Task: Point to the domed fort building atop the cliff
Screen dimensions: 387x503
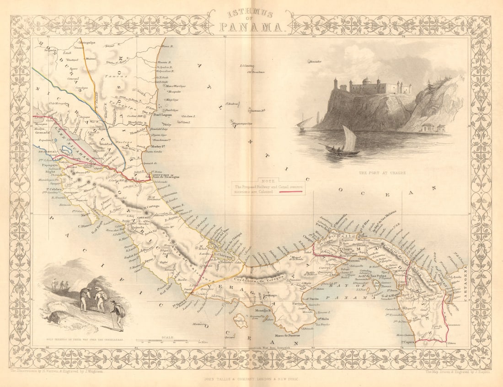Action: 367,86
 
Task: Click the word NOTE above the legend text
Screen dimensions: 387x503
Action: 264,181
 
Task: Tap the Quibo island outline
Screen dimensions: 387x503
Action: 239,319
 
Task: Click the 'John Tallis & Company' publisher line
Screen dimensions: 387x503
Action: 251,379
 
